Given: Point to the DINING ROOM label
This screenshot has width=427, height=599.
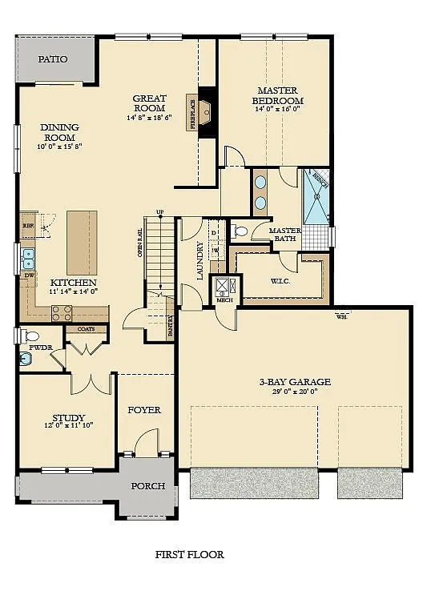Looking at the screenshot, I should (x=59, y=131).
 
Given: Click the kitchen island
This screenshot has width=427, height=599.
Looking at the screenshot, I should (x=82, y=241).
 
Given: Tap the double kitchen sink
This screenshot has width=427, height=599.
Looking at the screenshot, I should (x=28, y=257).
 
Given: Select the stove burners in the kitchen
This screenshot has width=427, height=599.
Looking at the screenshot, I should (x=62, y=313).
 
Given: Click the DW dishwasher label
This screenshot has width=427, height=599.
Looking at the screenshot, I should (x=29, y=275).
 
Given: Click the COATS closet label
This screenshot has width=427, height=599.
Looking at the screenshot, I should (x=85, y=329).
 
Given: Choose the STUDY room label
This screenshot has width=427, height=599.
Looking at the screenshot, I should (x=69, y=417).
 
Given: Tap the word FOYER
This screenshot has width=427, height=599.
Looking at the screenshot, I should (x=144, y=409).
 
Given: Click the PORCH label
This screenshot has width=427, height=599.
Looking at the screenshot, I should (x=148, y=485).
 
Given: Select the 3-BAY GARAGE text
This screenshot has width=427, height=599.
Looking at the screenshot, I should (x=294, y=381).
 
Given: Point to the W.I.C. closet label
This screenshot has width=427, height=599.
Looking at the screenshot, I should (x=279, y=280).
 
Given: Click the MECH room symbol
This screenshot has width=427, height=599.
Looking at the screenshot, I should (x=222, y=286).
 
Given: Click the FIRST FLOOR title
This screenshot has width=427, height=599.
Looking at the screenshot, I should (x=189, y=554).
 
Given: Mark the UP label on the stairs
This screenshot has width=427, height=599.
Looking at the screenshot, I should (x=160, y=212).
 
